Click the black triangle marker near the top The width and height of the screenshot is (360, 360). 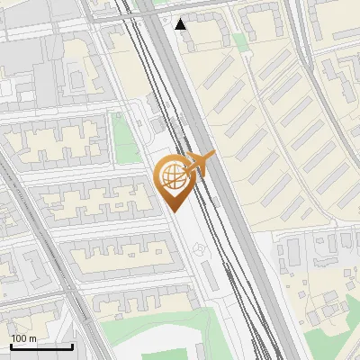pyautogui.click(x=182, y=23)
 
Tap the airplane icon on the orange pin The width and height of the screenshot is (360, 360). pyautogui.click(x=199, y=164)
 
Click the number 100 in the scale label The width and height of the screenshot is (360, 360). pyautogui.click(x=20, y=338)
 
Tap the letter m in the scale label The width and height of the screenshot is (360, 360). pyautogui.click(x=33, y=338)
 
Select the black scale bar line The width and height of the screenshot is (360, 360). pyautogui.click(x=41, y=346)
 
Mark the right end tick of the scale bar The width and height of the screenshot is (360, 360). pyautogui.click(x=72, y=345)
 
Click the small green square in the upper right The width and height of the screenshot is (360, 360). pyautogui.click(x=240, y=41)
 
